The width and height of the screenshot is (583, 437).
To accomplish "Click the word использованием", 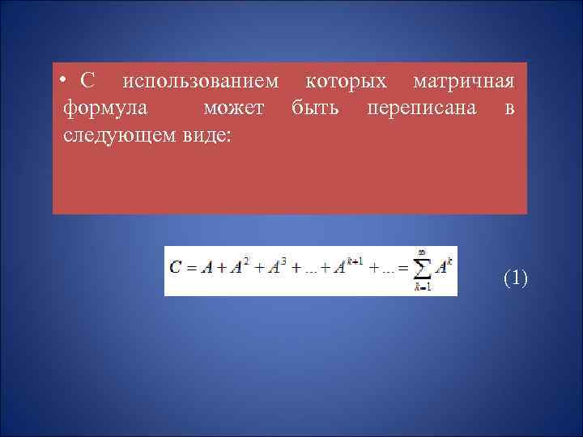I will click(x=200, y=83).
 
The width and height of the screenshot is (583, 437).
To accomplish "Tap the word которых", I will click(x=346, y=83).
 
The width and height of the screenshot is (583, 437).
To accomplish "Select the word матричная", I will click(x=463, y=83).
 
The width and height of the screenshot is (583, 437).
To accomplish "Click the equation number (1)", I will click(x=515, y=278).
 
